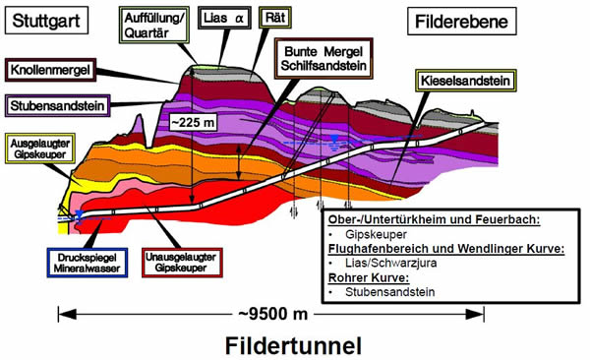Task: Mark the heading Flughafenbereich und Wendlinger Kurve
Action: (445, 249)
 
